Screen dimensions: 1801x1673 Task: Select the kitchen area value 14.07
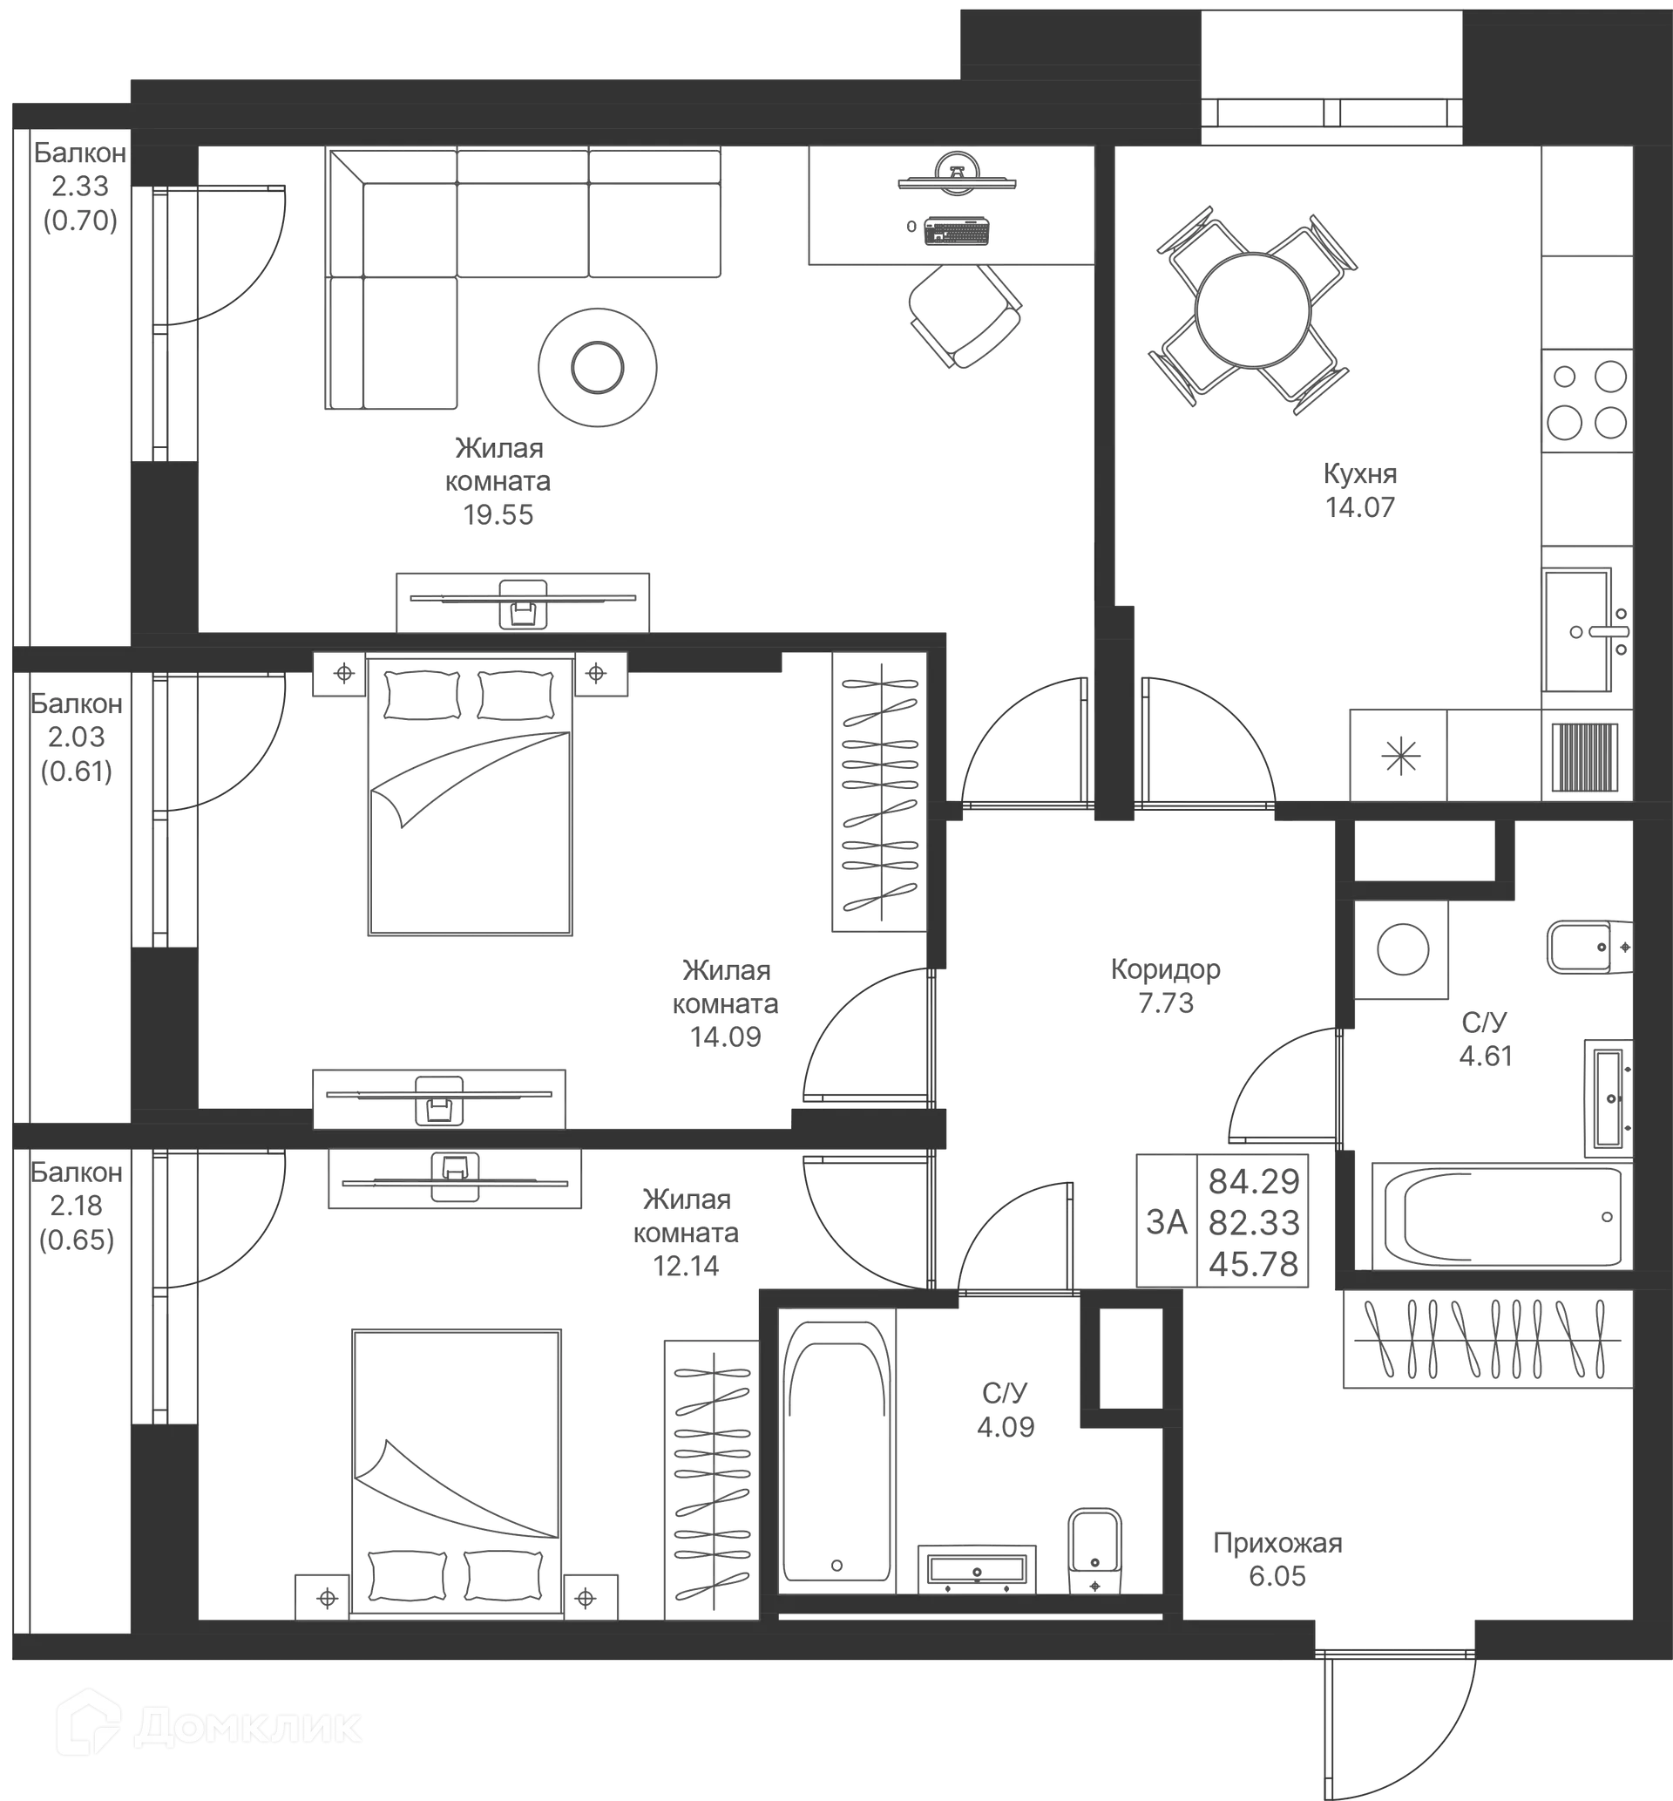[x=1361, y=508]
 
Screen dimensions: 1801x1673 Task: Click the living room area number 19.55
[x=498, y=515]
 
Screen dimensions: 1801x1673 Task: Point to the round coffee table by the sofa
[x=595, y=367]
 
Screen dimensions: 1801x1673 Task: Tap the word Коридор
[x=1166, y=969]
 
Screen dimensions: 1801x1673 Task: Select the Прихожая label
[x=1278, y=1542]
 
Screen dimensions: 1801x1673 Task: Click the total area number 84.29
[x=1254, y=1180]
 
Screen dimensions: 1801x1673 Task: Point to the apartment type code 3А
[x=1166, y=1223]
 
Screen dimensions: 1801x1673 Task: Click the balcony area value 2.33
[x=79, y=187]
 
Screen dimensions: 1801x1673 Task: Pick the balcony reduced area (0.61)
[x=77, y=771]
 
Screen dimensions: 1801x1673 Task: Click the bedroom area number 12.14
[x=687, y=1266]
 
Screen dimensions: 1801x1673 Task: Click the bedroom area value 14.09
[x=725, y=1036]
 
